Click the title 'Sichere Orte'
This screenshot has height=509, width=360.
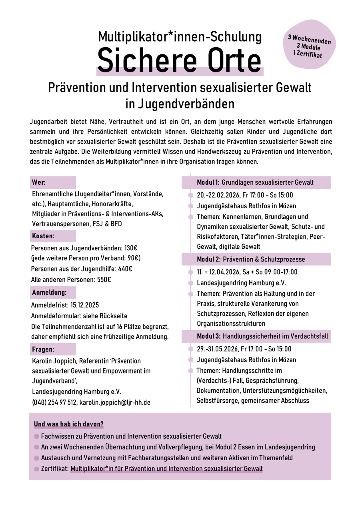180,60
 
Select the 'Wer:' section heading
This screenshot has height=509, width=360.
39,183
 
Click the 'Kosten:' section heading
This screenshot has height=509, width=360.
43,236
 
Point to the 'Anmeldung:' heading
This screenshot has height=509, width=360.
48,292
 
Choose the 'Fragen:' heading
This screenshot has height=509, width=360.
43,349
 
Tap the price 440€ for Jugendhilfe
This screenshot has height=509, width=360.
125,269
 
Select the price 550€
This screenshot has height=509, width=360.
104,279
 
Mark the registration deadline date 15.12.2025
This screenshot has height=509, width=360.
84,305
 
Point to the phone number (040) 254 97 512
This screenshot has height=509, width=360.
54,402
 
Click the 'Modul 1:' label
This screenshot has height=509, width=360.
208,183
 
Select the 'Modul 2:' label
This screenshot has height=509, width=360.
209,259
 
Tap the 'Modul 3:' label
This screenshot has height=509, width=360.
209,336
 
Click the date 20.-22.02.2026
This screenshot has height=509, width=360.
218,195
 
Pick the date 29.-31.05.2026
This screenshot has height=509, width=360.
218,349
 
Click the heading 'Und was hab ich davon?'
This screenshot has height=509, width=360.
69,424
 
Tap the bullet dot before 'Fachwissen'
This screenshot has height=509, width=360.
37,437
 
